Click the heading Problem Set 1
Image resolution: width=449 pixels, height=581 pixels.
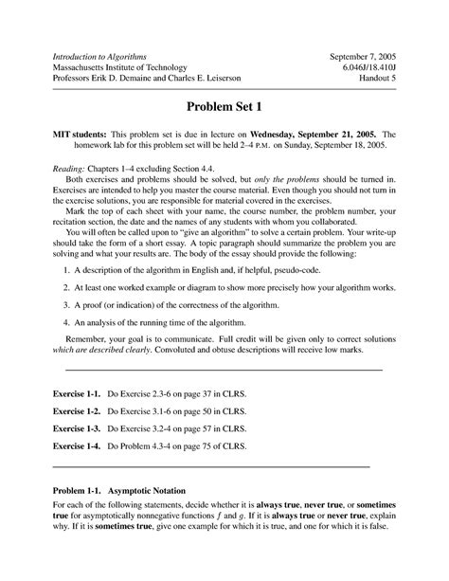tap(224, 106)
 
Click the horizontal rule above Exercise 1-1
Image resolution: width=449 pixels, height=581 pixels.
tap(224, 368)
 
